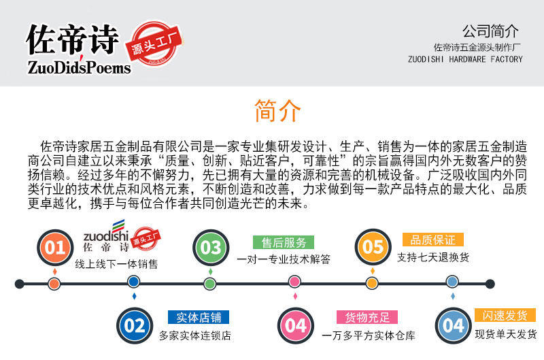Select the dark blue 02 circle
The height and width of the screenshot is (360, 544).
pyautogui.click(x=134, y=325)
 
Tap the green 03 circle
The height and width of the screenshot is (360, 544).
pyautogui.click(x=210, y=246)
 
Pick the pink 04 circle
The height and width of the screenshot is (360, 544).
pyautogui.click(x=295, y=325)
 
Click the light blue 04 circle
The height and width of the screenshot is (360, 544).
pyautogui.click(x=452, y=325)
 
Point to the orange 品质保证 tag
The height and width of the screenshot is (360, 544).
pyautogui.click(x=432, y=240)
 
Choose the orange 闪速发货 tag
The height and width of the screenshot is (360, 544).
pyautogui.click(x=505, y=316)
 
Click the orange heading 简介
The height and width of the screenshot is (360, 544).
pyautogui.click(x=277, y=111)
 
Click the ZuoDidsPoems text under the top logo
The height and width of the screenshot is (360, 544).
pyautogui.click(x=79, y=67)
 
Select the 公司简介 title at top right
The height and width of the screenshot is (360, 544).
pyautogui.click(x=490, y=31)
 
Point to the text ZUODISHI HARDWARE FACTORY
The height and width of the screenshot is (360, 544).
pyautogui.click(x=465, y=59)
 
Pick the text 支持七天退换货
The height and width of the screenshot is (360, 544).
pyautogui.click(x=433, y=258)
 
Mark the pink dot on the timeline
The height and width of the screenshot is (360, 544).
pyautogui.click(x=294, y=282)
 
